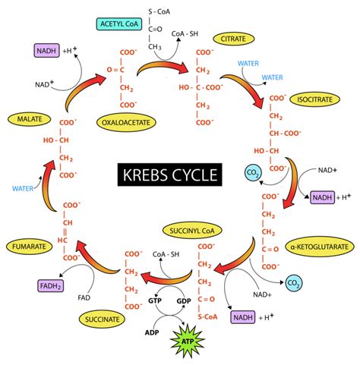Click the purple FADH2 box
[x=28, y=286]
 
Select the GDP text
[x=185, y=301]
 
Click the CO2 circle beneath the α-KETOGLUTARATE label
[x=292, y=284]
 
